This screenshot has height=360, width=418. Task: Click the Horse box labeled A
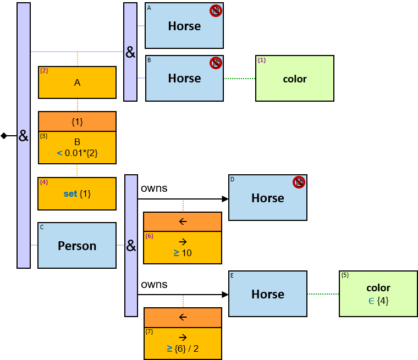[x=184, y=26]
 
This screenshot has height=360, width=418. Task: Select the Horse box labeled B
[x=184, y=78]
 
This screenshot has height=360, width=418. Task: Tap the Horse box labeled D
[x=267, y=198]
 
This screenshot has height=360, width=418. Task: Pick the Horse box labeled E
[x=267, y=294]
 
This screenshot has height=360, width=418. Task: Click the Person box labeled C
[x=77, y=246]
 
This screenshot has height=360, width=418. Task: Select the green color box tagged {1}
[x=295, y=79]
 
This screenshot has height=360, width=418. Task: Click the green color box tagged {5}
[x=378, y=294]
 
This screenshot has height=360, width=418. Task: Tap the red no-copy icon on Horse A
[x=216, y=10]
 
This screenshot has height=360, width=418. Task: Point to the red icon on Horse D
[x=299, y=182]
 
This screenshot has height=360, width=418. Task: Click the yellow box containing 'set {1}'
[x=77, y=193]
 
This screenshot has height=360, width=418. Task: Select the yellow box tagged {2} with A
[x=77, y=82]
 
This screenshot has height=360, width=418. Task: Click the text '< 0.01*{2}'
[x=77, y=153]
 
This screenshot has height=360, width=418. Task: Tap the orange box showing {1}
[x=77, y=121]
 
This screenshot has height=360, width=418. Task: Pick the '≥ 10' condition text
[x=183, y=253]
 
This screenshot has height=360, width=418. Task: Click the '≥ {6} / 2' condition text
[x=183, y=348]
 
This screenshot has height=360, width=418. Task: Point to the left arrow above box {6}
[x=183, y=221]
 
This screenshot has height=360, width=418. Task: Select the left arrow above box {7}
[x=183, y=317]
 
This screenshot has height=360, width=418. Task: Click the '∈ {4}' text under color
[x=378, y=301]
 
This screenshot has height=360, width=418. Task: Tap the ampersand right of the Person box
[x=131, y=246]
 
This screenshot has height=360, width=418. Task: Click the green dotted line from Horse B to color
[x=240, y=79]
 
